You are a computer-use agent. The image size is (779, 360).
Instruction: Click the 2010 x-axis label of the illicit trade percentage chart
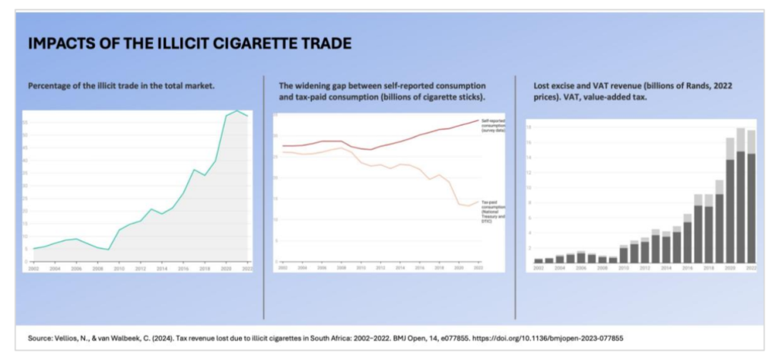119,268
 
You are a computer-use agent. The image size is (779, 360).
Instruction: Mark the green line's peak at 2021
237,111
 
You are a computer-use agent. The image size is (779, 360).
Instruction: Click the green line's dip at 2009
108,250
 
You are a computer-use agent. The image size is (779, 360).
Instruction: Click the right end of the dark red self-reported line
478,119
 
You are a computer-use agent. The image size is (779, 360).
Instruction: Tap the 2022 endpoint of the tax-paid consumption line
478,202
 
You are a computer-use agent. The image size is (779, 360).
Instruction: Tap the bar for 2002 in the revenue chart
539,260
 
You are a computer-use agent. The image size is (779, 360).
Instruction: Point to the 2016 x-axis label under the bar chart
688,268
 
